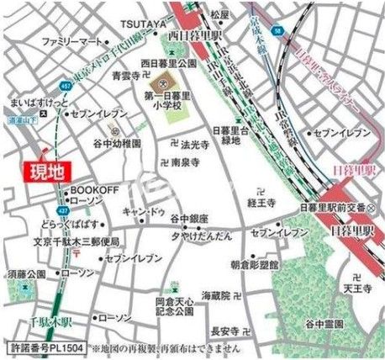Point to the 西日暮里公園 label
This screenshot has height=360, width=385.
(168, 63)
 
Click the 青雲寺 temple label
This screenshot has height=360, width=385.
(126, 75)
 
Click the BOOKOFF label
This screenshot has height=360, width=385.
(92, 190)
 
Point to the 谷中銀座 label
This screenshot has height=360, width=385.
(188, 218)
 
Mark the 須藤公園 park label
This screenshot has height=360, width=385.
(28, 274)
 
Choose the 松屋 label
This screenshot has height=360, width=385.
(220, 14)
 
